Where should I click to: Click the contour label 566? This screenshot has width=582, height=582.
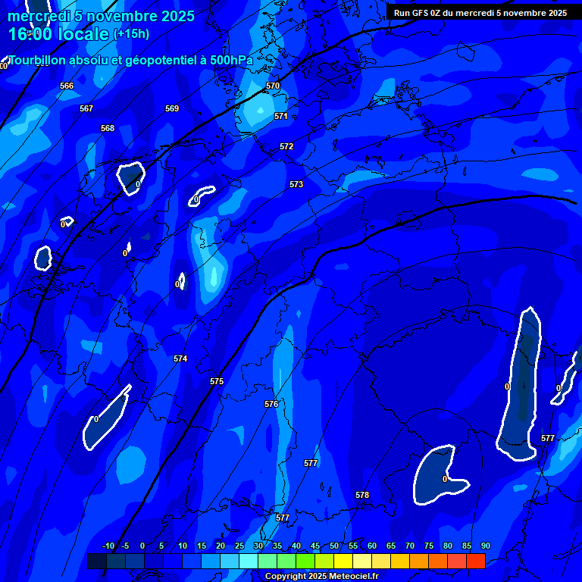tap(67, 86)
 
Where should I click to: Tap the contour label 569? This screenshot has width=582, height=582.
tap(172, 108)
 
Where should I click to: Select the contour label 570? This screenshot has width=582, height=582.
tap(273, 86)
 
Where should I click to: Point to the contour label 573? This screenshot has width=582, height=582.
tap(296, 184)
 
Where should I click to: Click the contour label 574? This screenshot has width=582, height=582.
tap(180, 358)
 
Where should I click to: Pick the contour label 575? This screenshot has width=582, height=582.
tap(217, 381)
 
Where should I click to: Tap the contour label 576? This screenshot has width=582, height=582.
tap(271, 404)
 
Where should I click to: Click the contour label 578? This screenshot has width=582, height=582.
tap(362, 495)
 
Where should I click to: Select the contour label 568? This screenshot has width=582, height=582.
tap(108, 128)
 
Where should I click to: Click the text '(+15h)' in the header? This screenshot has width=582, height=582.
tap(131, 33)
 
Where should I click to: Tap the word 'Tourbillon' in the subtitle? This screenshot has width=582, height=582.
tap(39, 60)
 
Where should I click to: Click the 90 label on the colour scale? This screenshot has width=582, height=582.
tap(485, 546)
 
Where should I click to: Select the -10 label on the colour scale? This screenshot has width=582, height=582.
tap(108, 546)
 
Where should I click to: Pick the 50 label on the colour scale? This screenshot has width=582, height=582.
tap(334, 546)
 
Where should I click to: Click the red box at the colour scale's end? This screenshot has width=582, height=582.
tap(475, 561)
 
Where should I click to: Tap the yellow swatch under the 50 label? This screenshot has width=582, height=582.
tap(343, 561)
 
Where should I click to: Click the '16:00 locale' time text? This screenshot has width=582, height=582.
tap(58, 34)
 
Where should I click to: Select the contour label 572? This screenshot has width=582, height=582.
tap(286, 146)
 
